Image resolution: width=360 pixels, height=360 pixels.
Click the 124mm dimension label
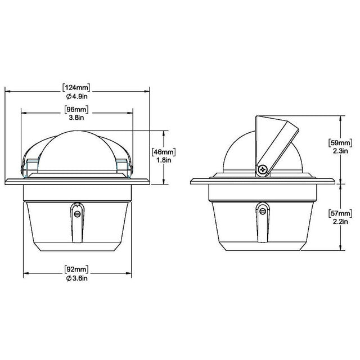(x=76, y=88)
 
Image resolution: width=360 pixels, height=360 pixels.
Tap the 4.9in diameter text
(x=77, y=96)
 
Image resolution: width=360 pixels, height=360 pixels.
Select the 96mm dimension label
(x=76, y=109)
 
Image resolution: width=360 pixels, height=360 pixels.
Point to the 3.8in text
(x=76, y=118)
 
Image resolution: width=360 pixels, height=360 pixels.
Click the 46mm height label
(x=164, y=152)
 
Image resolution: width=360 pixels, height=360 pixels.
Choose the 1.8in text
(x=164, y=160)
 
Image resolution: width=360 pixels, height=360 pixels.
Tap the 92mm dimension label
(x=76, y=269)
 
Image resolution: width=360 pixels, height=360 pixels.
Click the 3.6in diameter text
(x=77, y=278)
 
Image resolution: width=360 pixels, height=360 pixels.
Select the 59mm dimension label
(x=340, y=143)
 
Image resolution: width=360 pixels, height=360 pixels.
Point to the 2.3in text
(x=340, y=151)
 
